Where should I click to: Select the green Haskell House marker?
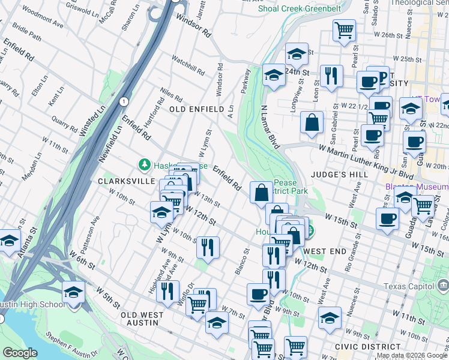[x=144, y=164]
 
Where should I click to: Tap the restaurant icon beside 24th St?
[x=331, y=75]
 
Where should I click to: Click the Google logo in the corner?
[x=20, y=353]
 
